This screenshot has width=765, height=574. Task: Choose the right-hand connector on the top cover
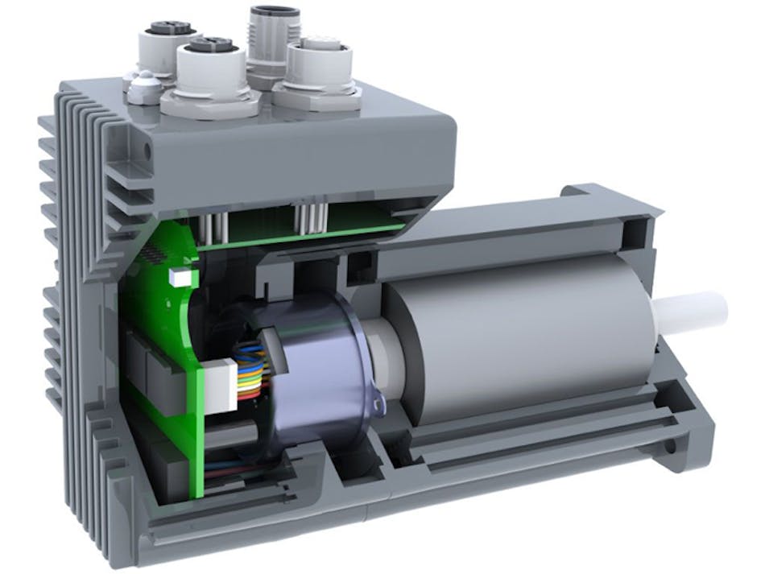pyautogui.click(x=316, y=68)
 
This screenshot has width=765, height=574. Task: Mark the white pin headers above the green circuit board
pyautogui.click(x=309, y=217)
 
